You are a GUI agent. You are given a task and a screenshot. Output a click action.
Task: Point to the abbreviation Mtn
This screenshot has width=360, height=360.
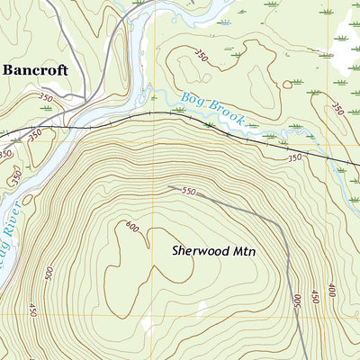(x=241, y=252)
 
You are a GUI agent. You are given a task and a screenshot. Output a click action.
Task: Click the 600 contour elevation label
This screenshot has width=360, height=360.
(x=134, y=227)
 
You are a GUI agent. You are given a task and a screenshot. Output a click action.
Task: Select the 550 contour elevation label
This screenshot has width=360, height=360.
(x=186, y=192)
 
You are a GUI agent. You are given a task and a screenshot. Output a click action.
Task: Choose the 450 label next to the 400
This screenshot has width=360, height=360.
(x=314, y=296)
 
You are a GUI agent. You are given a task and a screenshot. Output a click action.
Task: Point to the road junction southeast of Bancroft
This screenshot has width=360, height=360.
(x=85, y=97)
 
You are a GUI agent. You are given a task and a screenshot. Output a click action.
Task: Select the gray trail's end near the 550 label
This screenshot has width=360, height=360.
(x=169, y=187)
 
